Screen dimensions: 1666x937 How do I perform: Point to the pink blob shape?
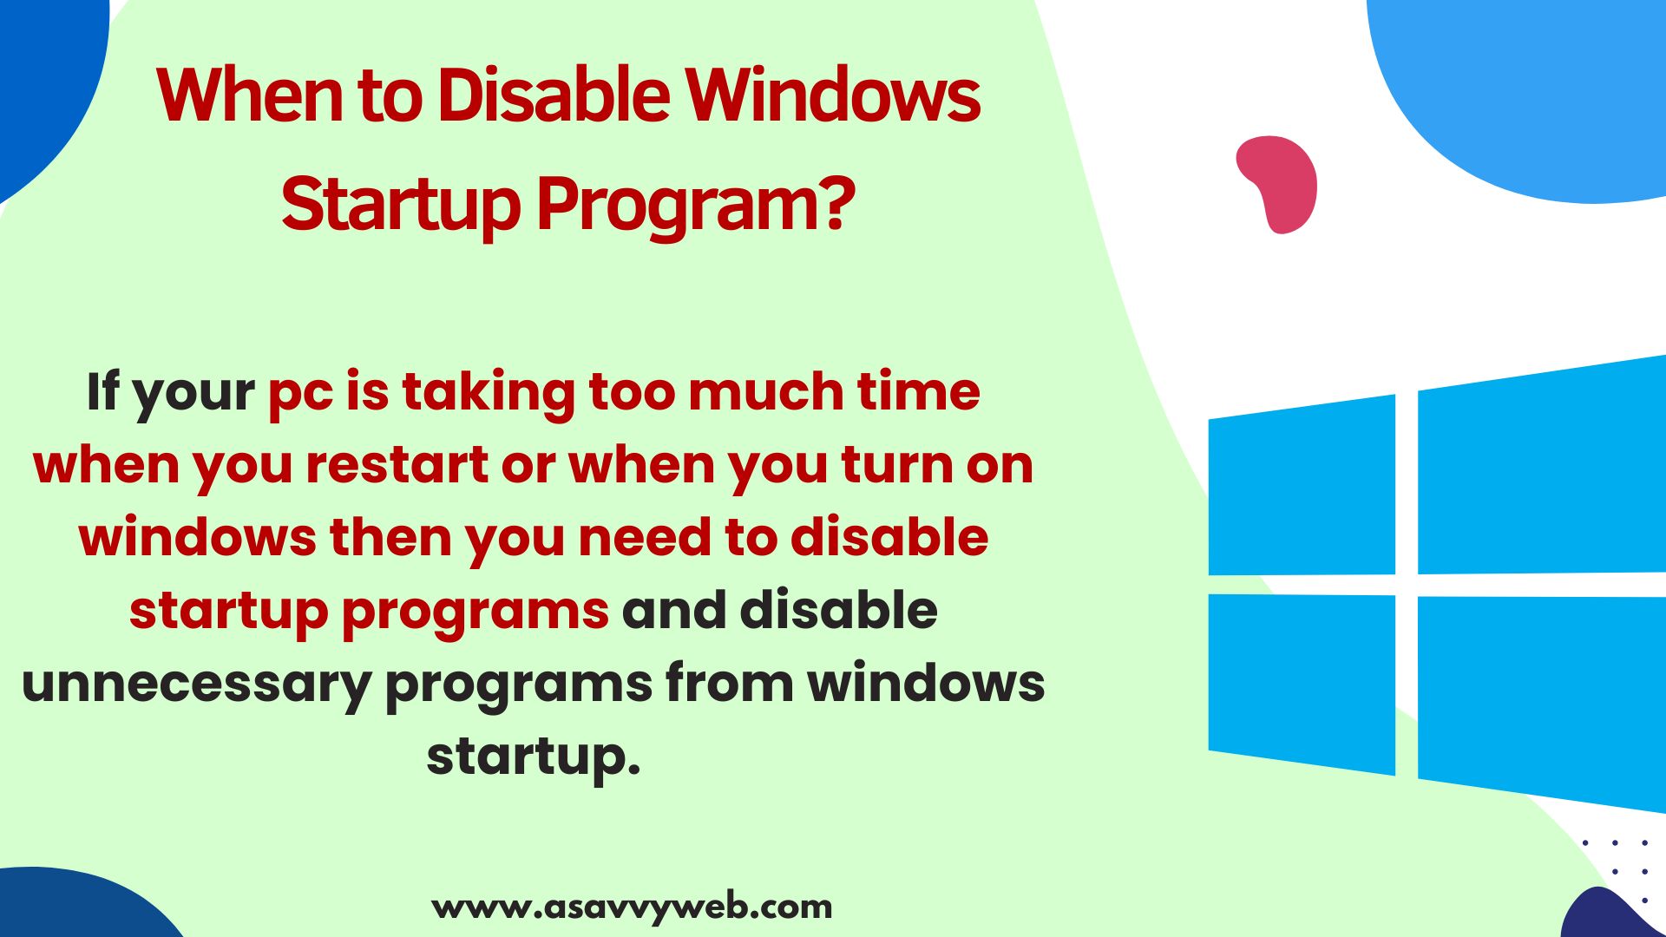[1277, 183]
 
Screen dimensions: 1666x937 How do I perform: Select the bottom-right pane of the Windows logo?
[1542, 703]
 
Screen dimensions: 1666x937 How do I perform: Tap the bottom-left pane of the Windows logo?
[1302, 684]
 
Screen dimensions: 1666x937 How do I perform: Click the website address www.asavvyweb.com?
[632, 908]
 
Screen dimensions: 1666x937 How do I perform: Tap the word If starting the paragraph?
[102, 391]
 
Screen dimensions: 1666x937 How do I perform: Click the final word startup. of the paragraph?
[533, 758]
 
